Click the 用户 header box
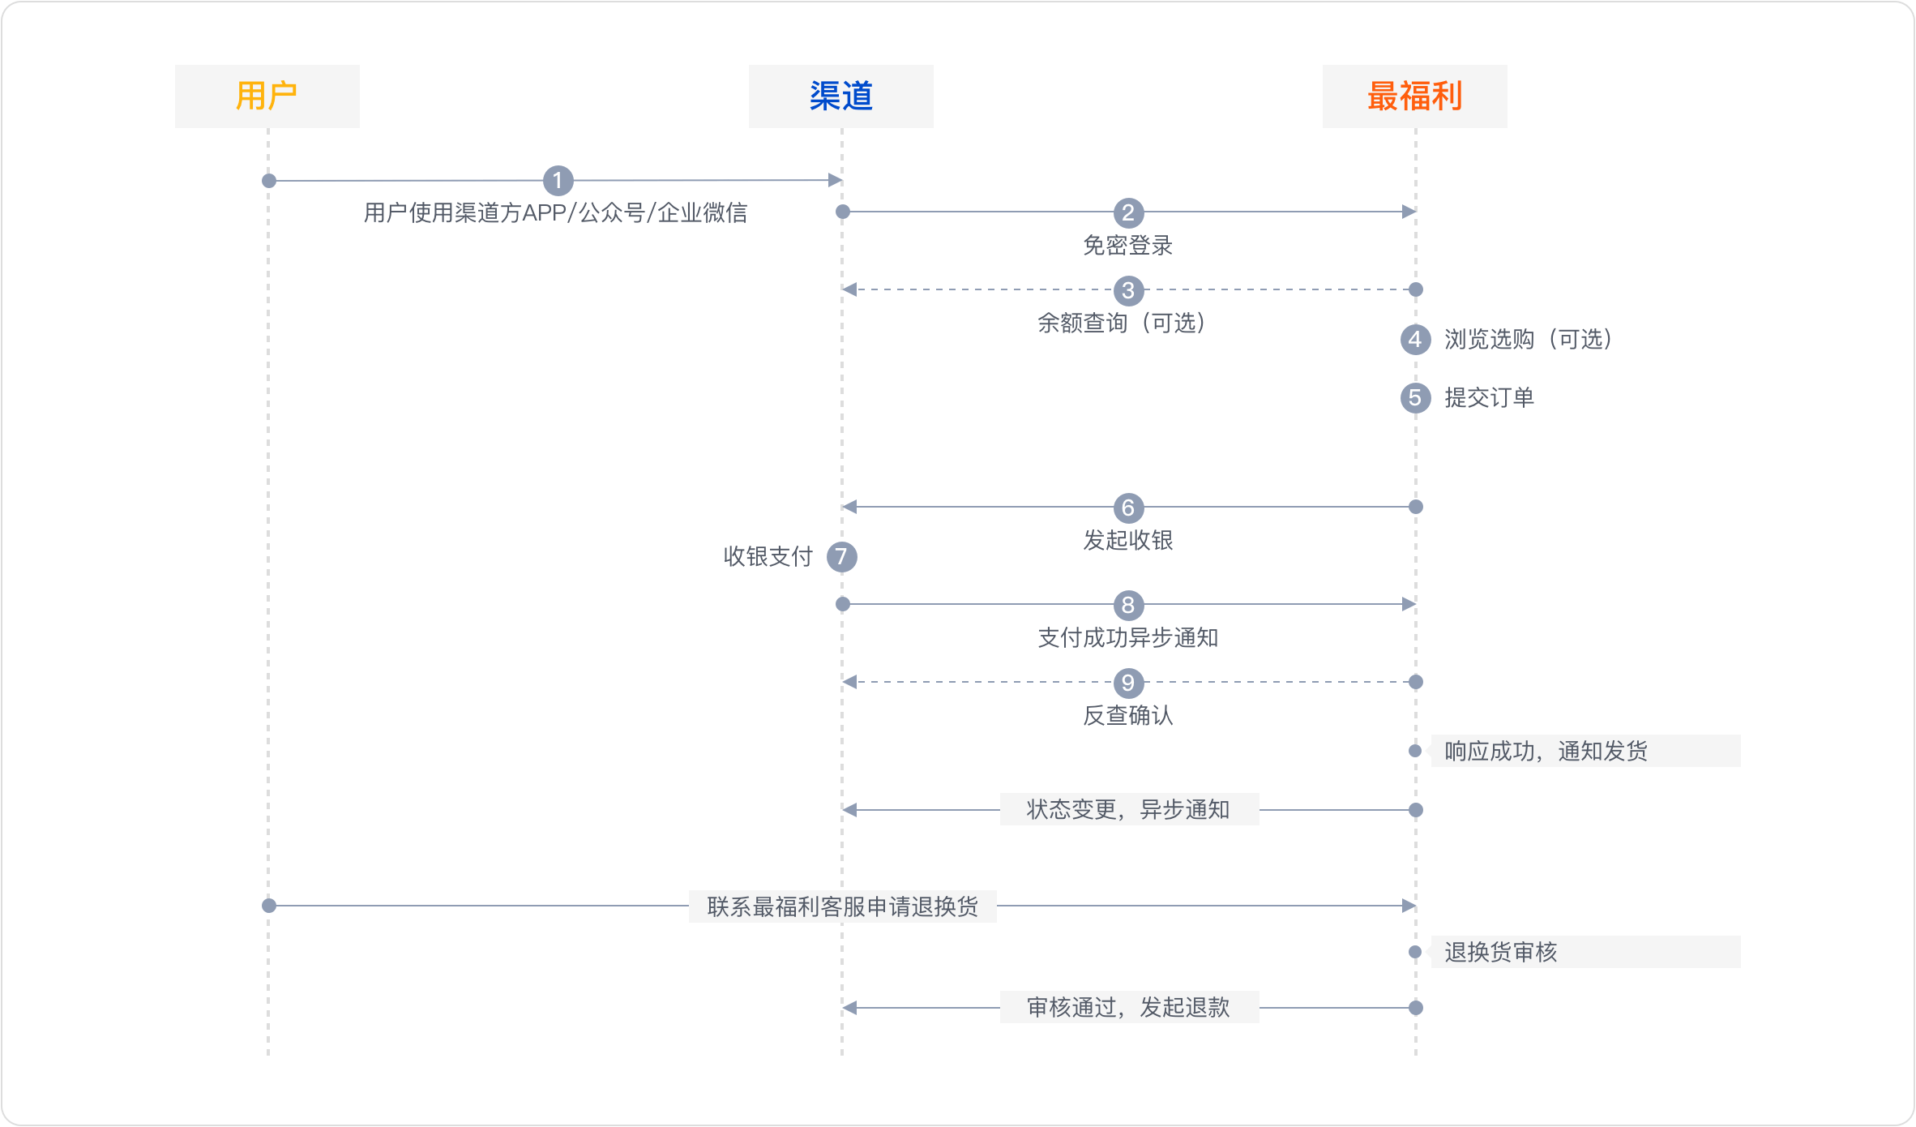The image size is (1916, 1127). (267, 96)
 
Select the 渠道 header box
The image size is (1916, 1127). (840, 96)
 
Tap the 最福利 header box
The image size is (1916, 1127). (1414, 96)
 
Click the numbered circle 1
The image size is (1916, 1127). (558, 181)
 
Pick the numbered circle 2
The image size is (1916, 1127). (1128, 213)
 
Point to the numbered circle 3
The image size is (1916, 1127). (1128, 290)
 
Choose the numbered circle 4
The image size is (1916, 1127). (1415, 339)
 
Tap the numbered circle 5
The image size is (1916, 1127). (1415, 398)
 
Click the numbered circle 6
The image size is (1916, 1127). (1128, 508)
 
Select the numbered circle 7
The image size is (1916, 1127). (841, 557)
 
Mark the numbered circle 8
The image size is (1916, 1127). (1128, 605)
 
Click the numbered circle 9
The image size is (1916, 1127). (1128, 683)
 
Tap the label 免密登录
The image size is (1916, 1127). (1128, 246)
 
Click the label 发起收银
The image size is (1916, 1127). (1128, 541)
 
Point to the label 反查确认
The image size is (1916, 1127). (1128, 716)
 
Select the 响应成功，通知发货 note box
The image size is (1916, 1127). (1585, 751)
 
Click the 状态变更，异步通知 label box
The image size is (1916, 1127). (1129, 809)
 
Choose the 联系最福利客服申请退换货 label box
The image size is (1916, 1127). (842, 906)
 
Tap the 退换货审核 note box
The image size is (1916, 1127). (1585, 952)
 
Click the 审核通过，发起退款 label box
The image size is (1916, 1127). (1129, 1007)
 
